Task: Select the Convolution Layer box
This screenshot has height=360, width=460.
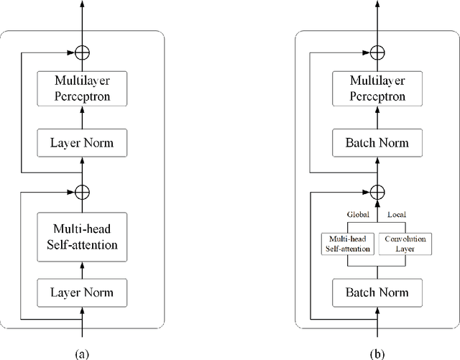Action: coord(405,244)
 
